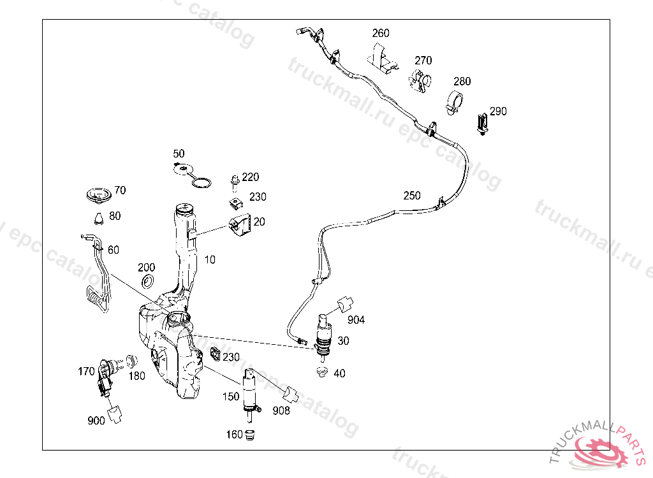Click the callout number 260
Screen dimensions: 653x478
tap(381, 33)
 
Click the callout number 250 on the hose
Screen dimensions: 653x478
tap(412, 196)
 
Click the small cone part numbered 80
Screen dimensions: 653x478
tap(98, 218)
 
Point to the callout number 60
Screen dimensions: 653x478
tap(114, 250)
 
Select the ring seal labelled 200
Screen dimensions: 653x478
tap(147, 281)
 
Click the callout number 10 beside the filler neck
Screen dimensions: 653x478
tap(210, 260)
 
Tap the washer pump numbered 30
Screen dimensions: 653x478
tap(324, 336)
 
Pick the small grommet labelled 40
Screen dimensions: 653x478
tap(322, 372)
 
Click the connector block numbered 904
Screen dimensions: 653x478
tap(346, 304)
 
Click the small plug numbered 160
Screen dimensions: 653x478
tap(250, 435)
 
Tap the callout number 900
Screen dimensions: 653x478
tap(96, 420)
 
